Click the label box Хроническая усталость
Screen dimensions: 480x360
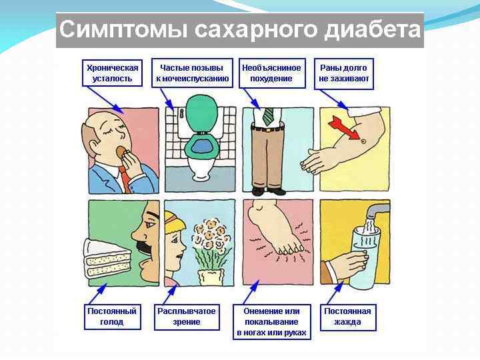click(x=113, y=73)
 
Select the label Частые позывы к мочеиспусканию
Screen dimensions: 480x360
click(x=192, y=73)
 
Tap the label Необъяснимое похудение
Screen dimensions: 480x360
click(x=271, y=73)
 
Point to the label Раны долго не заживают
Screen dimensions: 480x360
click(x=343, y=73)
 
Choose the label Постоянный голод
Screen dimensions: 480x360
click(x=112, y=317)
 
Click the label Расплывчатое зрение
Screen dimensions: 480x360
click(x=187, y=317)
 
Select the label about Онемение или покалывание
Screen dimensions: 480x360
click(x=271, y=321)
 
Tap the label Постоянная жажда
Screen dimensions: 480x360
click(x=347, y=317)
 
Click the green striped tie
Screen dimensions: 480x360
click(x=268, y=117)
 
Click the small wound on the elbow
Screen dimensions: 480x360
click(x=363, y=141)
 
